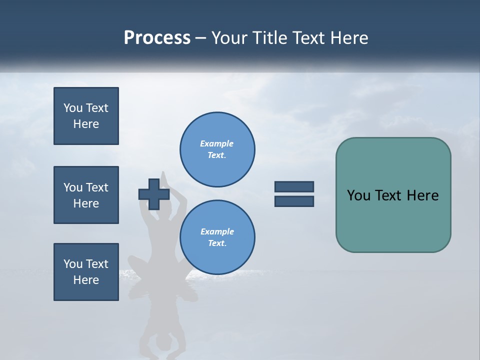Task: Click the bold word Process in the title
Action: click(x=157, y=38)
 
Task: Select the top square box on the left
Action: click(x=86, y=116)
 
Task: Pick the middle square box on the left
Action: click(x=86, y=195)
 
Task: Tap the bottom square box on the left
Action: click(x=86, y=272)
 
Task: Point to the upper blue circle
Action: click(x=217, y=149)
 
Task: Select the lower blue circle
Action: click(x=217, y=237)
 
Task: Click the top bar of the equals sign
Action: click(x=294, y=187)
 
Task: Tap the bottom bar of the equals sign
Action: click(x=294, y=201)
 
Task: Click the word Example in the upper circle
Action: click(x=216, y=143)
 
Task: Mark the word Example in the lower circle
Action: click(x=216, y=231)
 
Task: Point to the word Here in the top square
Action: click(x=86, y=124)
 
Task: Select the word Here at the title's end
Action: click(x=349, y=38)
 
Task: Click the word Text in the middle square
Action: click(x=97, y=187)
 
